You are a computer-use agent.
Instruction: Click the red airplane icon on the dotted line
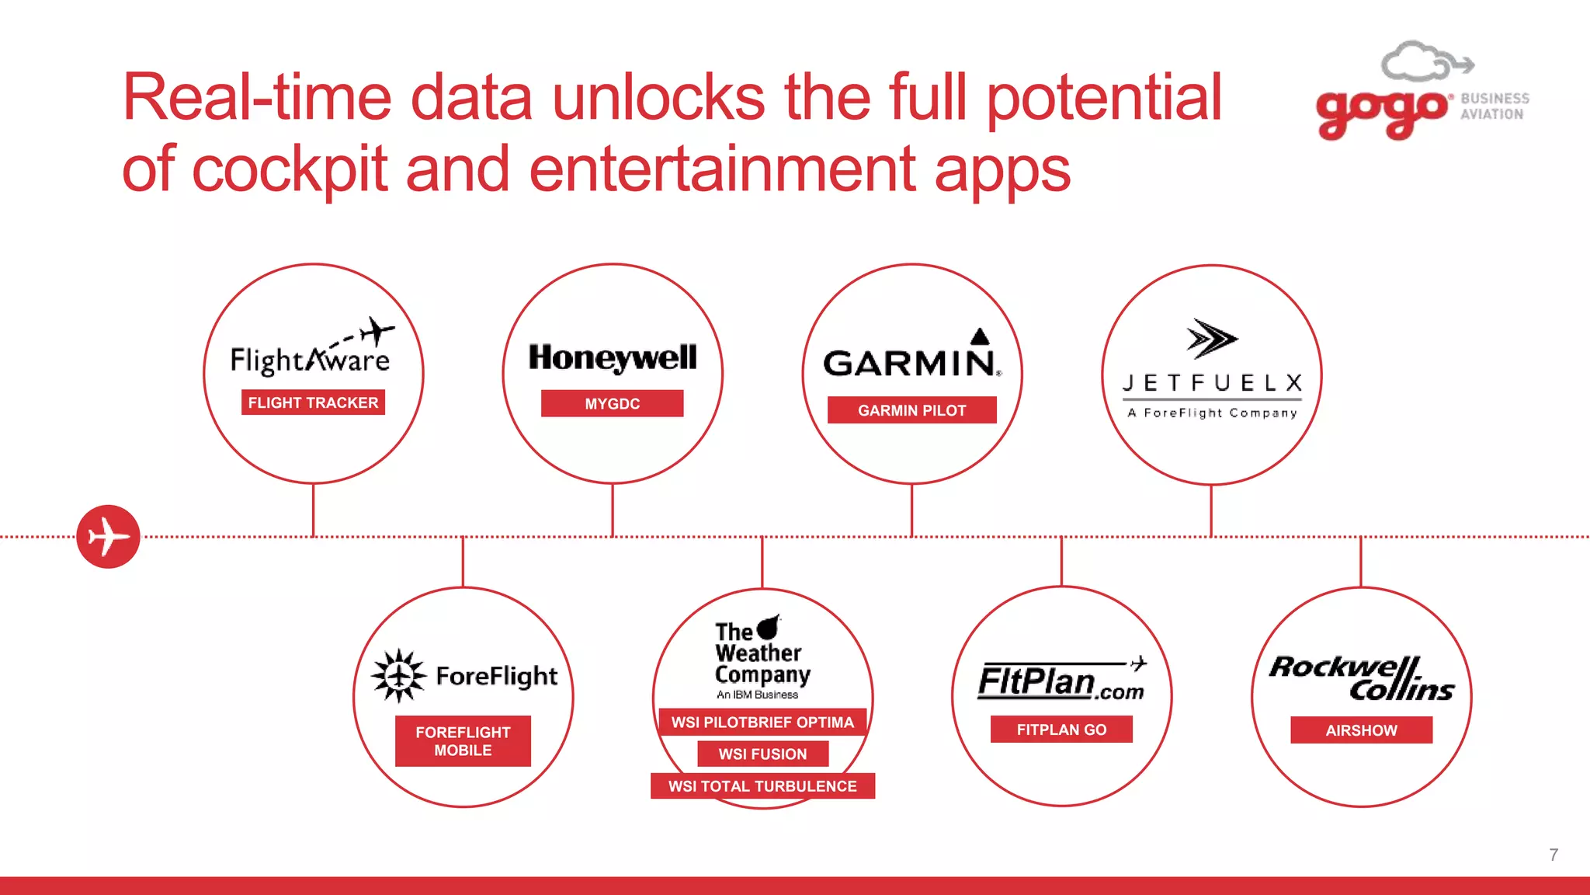tap(108, 536)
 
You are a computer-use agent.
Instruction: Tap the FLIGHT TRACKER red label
tap(313, 402)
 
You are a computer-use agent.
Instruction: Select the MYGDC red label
tap(612, 403)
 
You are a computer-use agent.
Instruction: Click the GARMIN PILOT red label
tap(911, 410)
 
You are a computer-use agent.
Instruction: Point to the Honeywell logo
tap(612, 357)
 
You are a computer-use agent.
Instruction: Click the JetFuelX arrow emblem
tap(1210, 339)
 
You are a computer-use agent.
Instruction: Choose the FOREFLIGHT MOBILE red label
tap(463, 741)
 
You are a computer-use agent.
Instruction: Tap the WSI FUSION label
tap(762, 754)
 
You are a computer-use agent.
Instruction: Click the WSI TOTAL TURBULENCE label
tap(762, 786)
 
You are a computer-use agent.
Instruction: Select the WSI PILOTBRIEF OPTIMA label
tap(762, 723)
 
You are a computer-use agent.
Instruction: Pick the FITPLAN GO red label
tap(1061, 730)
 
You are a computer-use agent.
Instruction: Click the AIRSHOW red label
tap(1361, 730)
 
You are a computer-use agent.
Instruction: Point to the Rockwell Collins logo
tap(1362, 678)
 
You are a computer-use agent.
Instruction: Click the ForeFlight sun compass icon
tap(399, 676)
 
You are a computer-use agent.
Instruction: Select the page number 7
tap(1553, 855)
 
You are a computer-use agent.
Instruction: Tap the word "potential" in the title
tap(1104, 97)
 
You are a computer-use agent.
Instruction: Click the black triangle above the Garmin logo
tap(981, 336)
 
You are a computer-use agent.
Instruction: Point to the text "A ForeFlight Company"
tap(1212, 413)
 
